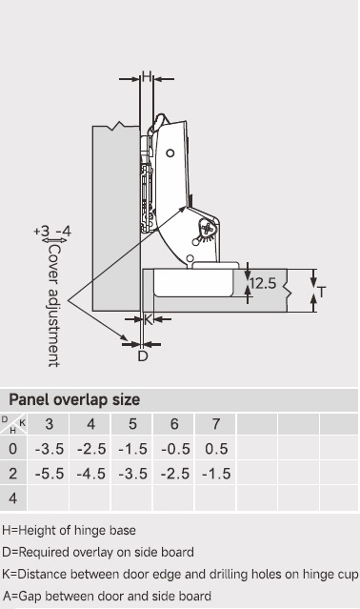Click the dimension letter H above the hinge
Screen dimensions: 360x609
[x=147, y=76]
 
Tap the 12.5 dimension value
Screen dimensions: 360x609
[x=263, y=283]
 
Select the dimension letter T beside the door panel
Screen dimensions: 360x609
[x=321, y=292]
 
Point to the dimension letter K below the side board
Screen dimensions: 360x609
[x=149, y=320]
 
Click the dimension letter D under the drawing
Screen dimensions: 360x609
[x=143, y=355]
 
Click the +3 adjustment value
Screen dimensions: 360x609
[x=42, y=231]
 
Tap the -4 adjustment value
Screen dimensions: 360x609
[x=64, y=231]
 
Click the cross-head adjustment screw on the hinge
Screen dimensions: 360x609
[x=208, y=229]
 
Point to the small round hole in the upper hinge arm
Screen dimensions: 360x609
[x=170, y=153]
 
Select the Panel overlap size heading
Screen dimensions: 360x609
[x=74, y=399]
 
